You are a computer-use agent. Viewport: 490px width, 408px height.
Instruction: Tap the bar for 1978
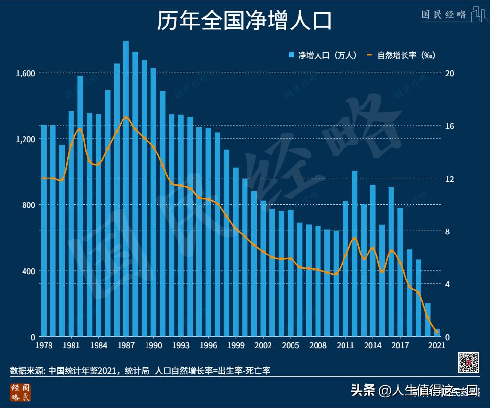(44, 230)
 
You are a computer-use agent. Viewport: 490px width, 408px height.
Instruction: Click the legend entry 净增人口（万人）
(323, 55)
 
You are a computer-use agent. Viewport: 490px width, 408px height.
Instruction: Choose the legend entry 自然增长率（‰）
(402, 55)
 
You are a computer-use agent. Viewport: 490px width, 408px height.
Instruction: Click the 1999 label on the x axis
(236, 345)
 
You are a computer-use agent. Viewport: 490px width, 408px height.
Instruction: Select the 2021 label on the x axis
(437, 345)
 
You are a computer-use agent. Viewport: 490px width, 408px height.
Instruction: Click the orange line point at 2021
(437, 332)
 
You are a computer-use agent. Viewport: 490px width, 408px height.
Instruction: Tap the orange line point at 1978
(44, 178)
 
